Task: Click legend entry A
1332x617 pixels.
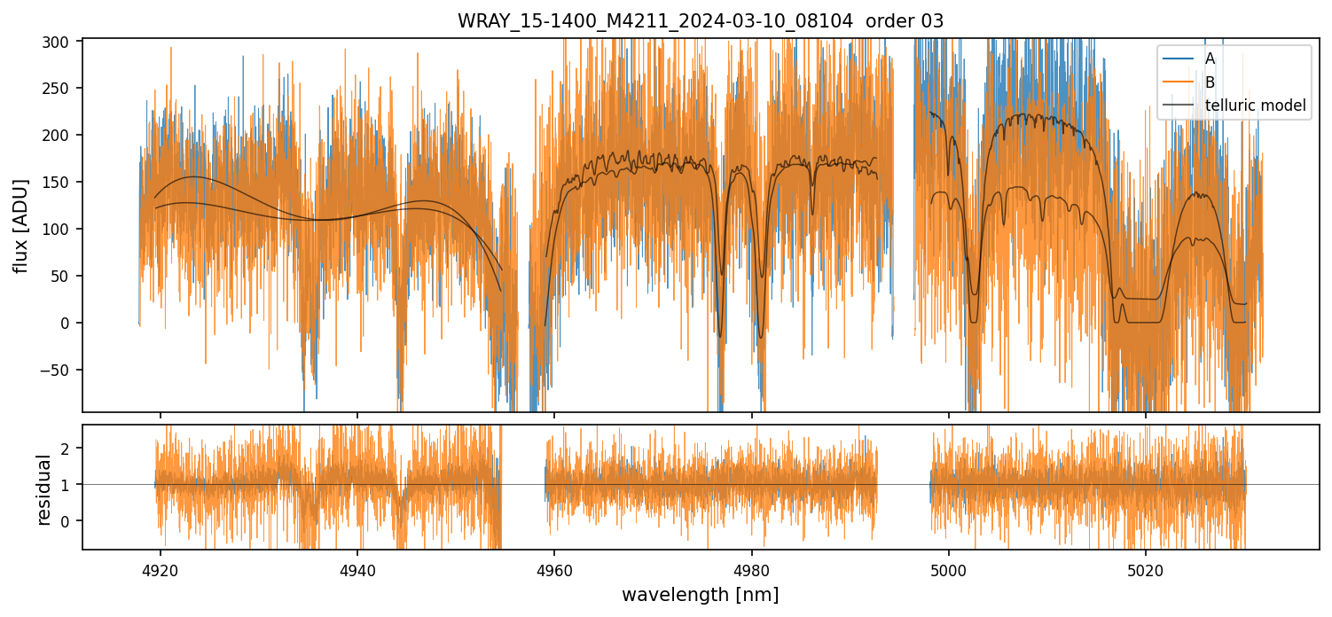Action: tap(1210, 59)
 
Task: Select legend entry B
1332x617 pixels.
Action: tap(1210, 82)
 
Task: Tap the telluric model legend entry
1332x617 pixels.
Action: tap(1255, 105)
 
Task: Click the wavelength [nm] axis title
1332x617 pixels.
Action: tap(700, 594)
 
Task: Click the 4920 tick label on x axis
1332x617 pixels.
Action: tap(161, 567)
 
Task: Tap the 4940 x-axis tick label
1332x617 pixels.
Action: tap(357, 567)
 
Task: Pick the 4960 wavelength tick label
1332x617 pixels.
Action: tap(554, 567)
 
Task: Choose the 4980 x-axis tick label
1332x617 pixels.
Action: tap(752, 567)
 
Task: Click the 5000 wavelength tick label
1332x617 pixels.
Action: tap(949, 567)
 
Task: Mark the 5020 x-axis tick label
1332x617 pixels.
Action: tap(1146, 567)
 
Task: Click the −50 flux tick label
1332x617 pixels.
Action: tap(60, 370)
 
